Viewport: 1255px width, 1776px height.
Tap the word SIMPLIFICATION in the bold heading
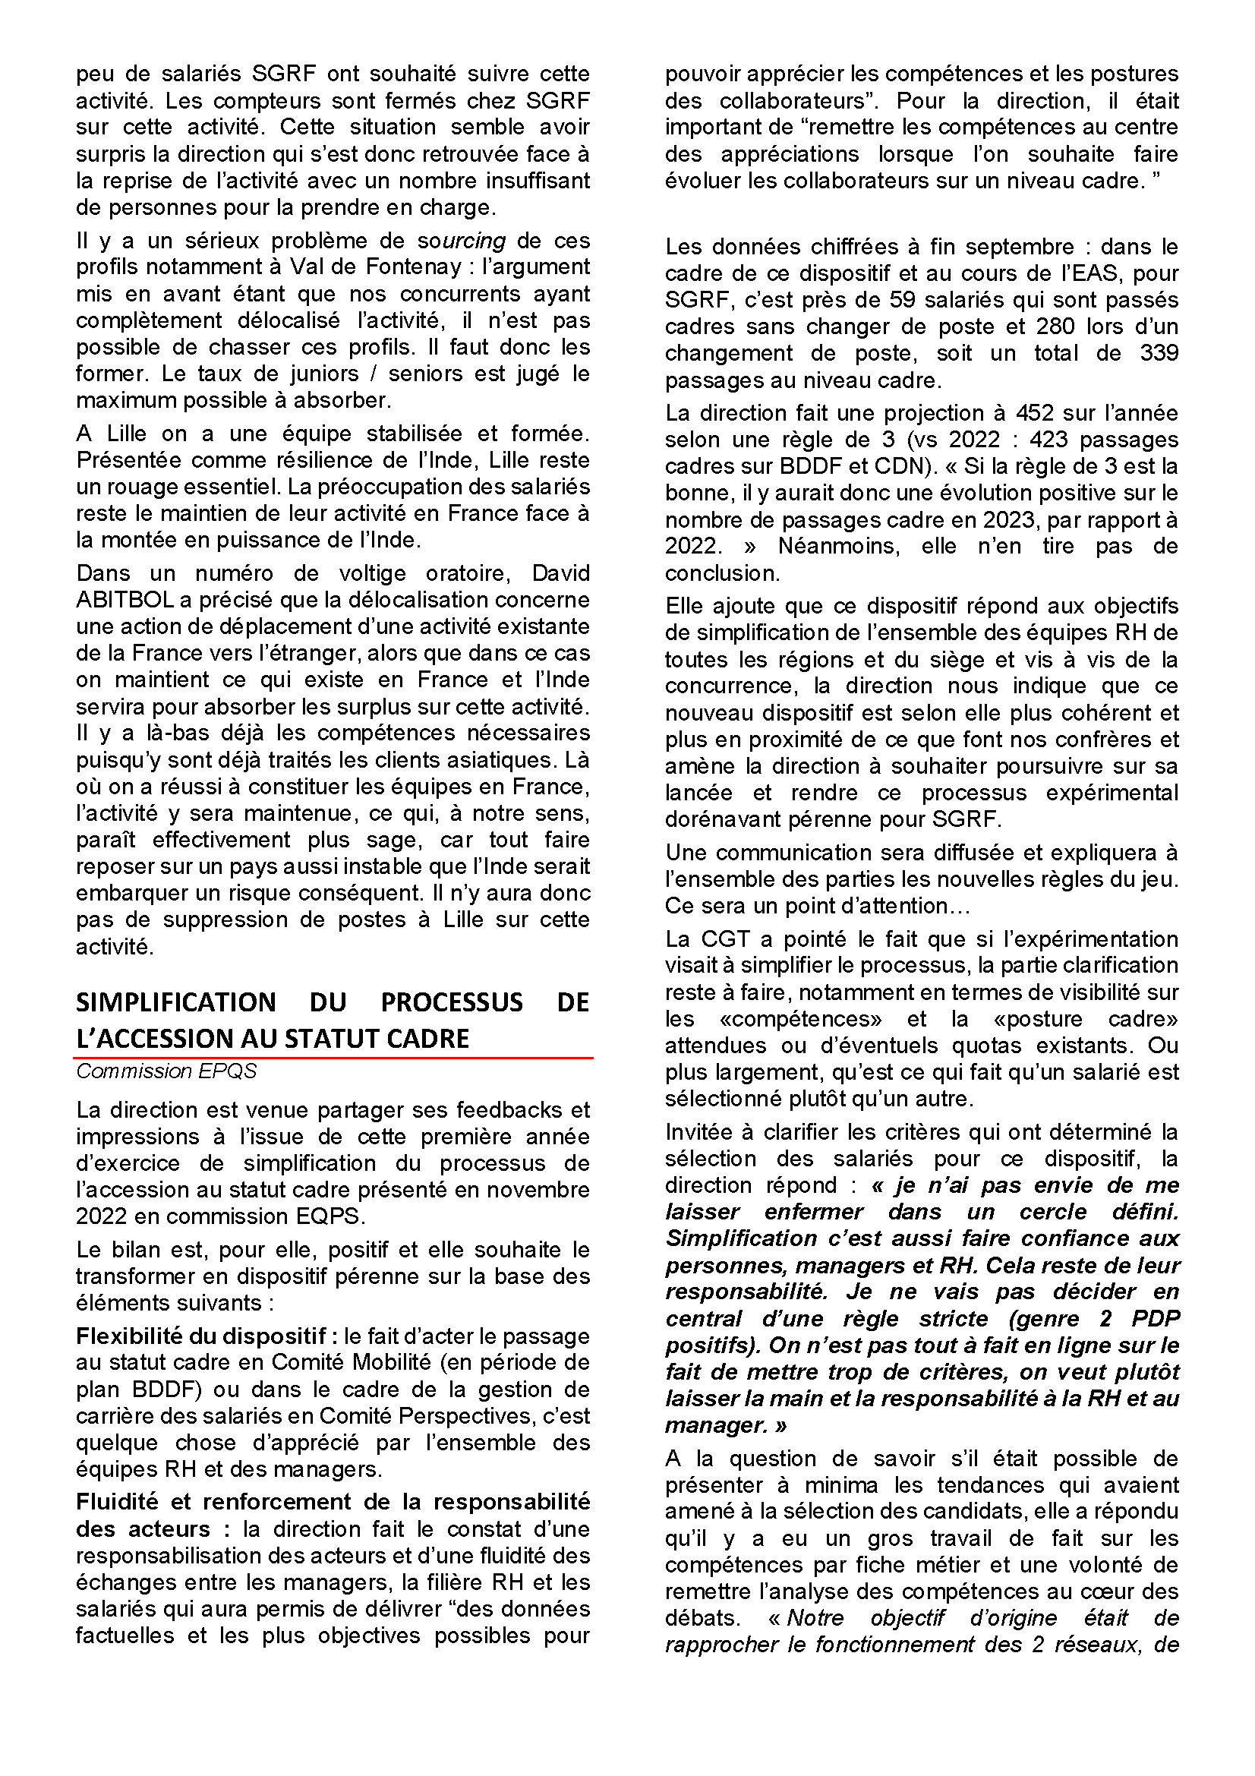tap(175, 1002)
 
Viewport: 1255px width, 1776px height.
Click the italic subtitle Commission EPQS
tap(166, 1071)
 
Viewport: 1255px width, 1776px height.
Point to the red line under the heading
tap(333, 1058)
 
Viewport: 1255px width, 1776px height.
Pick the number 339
tap(1158, 354)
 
